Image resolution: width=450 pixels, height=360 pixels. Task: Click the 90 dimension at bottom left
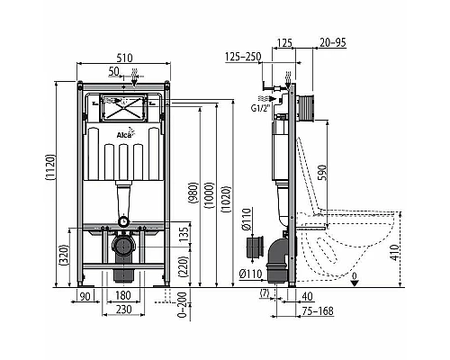click(x=87, y=296)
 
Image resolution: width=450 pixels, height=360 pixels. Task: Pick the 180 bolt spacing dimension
click(x=126, y=296)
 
